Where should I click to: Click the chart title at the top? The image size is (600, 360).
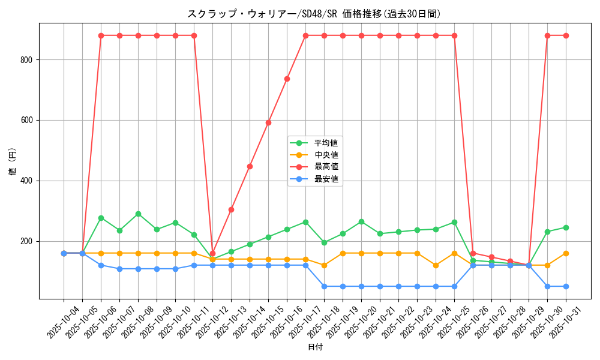pos(314,14)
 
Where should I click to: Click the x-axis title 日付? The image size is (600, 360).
pos(314,347)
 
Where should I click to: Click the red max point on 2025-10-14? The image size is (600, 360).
pos(250,166)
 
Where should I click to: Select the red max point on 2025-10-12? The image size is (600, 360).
pos(212,253)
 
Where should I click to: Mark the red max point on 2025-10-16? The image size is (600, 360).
pos(287,79)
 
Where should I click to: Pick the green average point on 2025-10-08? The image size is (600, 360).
pos(138,214)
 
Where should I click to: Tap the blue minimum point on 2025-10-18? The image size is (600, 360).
pos(324,286)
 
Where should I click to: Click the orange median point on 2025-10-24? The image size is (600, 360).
pos(436,265)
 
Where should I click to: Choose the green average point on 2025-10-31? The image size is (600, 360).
pos(566,227)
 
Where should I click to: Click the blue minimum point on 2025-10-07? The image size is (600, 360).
pos(119,269)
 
